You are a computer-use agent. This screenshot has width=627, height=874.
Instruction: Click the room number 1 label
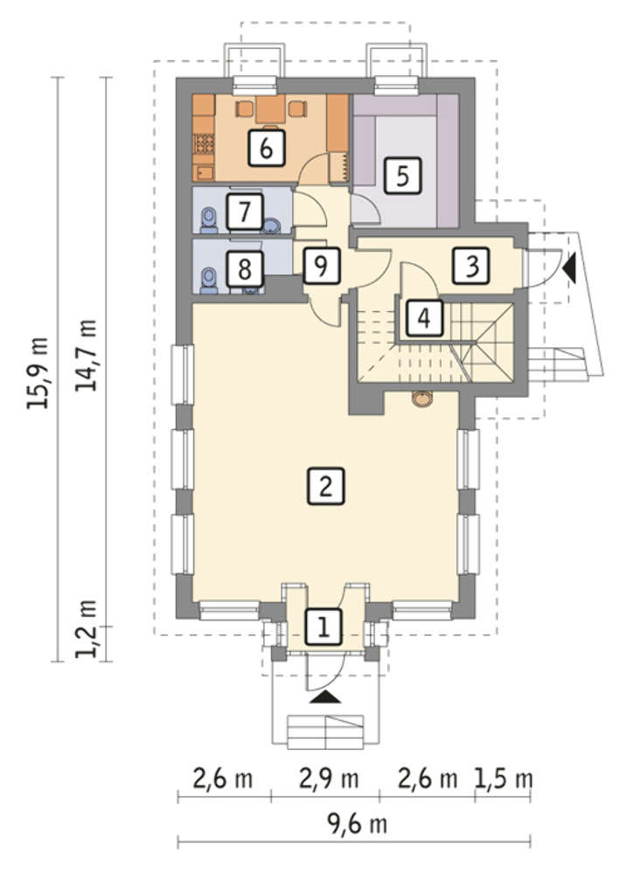click(x=323, y=627)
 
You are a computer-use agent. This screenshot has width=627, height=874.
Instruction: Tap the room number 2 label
click(x=326, y=485)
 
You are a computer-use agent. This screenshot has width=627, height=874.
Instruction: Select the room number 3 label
click(x=472, y=266)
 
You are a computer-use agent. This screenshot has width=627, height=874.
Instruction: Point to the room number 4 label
click(x=424, y=318)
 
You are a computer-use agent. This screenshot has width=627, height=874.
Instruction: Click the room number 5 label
click(x=402, y=176)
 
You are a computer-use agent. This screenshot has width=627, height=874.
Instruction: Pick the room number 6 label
click(x=267, y=148)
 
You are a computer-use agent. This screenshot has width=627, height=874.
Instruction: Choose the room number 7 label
click(x=244, y=212)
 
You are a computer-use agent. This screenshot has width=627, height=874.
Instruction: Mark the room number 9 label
click(x=321, y=266)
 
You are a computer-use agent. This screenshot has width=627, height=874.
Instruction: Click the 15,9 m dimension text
click(x=38, y=372)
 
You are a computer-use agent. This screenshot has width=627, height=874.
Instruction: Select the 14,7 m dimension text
click(x=87, y=355)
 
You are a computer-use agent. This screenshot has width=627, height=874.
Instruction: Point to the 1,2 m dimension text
click(x=87, y=628)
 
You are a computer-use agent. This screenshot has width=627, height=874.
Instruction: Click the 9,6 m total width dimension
click(x=357, y=823)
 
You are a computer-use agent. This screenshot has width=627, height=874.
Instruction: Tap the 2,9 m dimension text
click(x=329, y=779)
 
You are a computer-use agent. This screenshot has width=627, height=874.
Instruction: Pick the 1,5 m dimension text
click(x=504, y=779)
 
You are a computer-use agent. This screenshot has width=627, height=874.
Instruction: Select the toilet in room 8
click(x=209, y=280)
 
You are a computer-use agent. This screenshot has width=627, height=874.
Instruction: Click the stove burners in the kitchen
click(x=204, y=144)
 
